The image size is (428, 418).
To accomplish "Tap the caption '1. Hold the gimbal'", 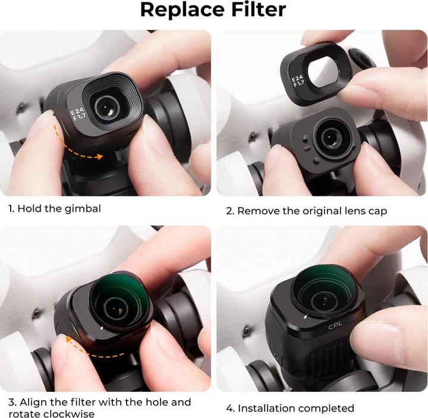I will (x=54, y=208).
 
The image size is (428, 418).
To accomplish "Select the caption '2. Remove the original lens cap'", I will (x=306, y=211).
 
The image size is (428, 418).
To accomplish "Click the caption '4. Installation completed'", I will (x=290, y=408).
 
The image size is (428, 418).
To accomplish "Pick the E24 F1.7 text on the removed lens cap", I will (x=297, y=82).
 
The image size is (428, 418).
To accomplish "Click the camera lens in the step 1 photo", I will (x=108, y=107).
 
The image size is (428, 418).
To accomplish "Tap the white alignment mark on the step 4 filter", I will (x=304, y=319).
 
